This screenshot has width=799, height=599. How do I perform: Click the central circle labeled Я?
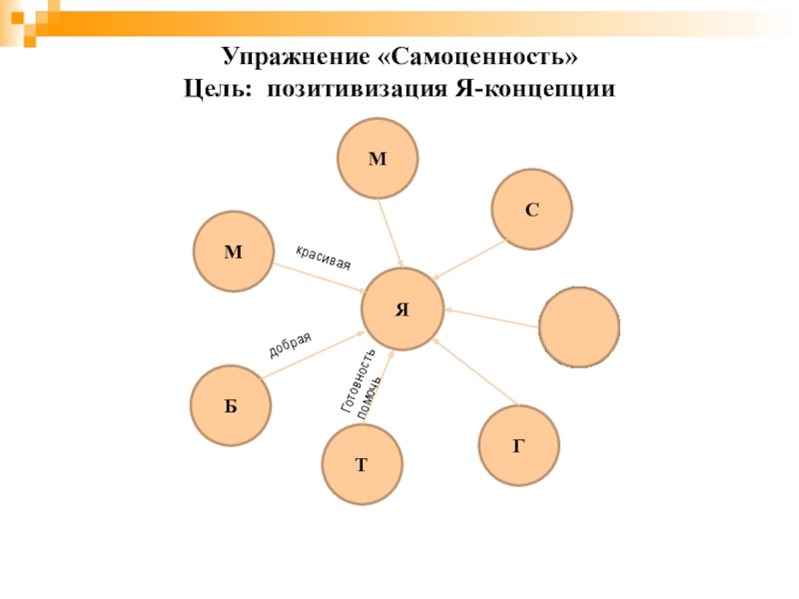(401, 308)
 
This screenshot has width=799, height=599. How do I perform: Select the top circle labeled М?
(378, 159)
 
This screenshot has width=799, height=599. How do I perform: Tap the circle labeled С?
(532, 209)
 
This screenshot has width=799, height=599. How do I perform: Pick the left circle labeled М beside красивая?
(233, 252)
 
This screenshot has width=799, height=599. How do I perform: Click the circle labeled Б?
(231, 406)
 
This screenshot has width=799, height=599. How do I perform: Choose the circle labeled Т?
(363, 464)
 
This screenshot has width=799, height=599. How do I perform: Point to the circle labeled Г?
(519, 445)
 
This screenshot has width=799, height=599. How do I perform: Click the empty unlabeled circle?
(579, 327)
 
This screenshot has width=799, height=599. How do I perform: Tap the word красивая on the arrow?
(323, 257)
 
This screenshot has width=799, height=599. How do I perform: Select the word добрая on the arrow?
(297, 344)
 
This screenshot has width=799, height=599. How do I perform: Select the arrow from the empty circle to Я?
(492, 316)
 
